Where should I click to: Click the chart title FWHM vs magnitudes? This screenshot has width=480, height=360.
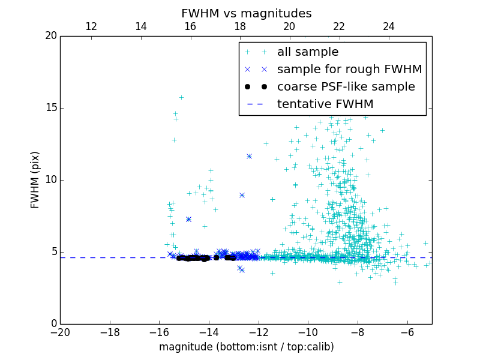point(246,13)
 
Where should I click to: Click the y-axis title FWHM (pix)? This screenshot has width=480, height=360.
point(35,180)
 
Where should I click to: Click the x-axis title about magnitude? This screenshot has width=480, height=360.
point(246,347)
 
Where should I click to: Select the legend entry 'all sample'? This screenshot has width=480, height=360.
point(308,52)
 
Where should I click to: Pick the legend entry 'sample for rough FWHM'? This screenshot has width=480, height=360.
point(349,70)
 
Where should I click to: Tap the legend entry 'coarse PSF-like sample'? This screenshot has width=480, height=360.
point(346,87)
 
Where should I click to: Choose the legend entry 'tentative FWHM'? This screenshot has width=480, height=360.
point(325,104)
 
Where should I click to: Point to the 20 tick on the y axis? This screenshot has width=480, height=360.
point(50,36)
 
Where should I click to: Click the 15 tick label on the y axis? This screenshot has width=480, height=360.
point(50,108)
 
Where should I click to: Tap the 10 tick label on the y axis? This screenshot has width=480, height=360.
point(50,180)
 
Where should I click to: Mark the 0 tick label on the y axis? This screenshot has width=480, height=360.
point(53,324)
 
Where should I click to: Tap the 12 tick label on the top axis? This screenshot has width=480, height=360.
point(91,26)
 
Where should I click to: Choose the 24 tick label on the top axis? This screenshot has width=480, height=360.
point(389,26)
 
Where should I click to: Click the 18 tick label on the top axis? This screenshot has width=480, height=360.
point(240,26)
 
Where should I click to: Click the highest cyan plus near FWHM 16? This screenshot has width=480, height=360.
point(181,97)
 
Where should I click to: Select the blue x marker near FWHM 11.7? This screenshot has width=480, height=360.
point(249,156)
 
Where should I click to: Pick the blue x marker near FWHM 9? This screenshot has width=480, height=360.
point(242,195)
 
